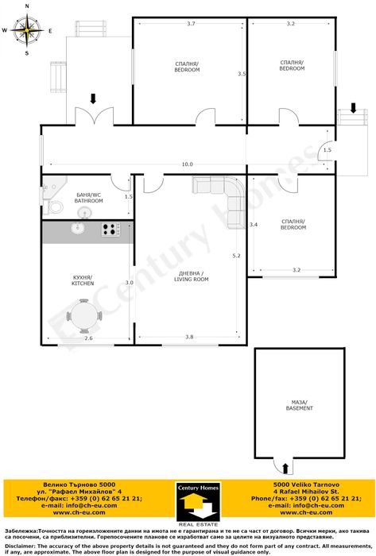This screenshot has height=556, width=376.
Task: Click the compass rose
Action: coord(27,31)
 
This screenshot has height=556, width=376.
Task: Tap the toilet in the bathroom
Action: coord(55,207)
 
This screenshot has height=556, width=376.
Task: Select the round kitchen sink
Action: coord(78,229)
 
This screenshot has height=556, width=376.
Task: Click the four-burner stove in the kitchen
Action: coord(110,230)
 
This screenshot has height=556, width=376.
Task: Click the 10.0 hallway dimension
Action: coord(187,164)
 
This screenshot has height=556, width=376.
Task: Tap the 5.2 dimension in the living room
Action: coord(236,256)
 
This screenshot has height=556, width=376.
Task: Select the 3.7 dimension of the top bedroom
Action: coord(191,24)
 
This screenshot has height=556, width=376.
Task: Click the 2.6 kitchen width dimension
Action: coord(88,339)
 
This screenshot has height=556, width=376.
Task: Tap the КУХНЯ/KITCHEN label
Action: coord(83,280)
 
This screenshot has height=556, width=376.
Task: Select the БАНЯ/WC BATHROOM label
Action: coord(89,198)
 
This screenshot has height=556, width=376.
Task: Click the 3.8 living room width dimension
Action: coord(189,338)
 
